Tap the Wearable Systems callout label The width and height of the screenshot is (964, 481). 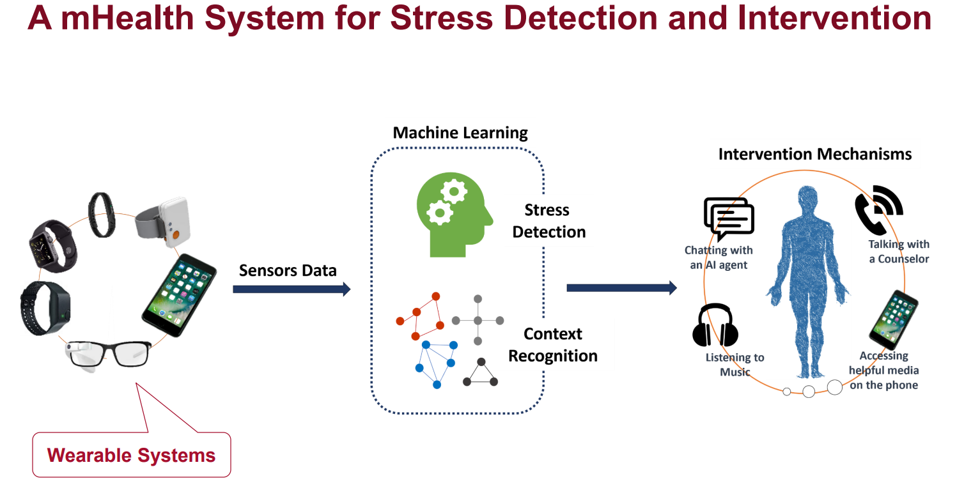(x=131, y=455)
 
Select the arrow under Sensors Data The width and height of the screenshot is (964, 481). (x=292, y=289)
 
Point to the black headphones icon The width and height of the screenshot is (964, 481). (x=715, y=326)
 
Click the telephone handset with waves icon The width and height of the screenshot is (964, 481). (x=877, y=208)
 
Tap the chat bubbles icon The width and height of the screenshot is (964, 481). (x=729, y=218)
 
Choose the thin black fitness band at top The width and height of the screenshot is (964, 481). (x=102, y=215)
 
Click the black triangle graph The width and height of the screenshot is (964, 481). (x=480, y=373)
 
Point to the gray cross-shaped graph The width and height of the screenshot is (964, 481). (x=478, y=319)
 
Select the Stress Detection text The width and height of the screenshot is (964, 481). (x=548, y=221)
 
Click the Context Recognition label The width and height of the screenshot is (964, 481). (x=553, y=345)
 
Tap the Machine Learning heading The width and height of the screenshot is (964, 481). (x=460, y=133)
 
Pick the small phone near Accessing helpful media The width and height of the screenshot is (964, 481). (x=893, y=319)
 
